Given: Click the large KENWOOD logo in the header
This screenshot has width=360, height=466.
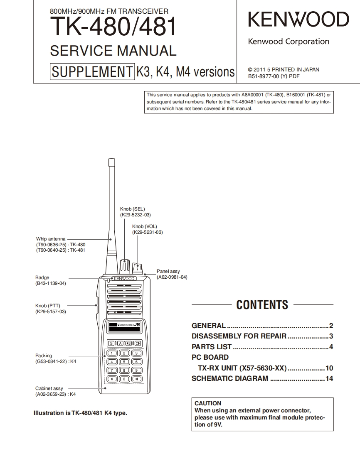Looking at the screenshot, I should coord(298,20).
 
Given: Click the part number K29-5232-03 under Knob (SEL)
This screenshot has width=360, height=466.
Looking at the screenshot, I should coord(136,215).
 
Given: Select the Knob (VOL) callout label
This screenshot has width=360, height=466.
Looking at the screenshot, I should coord(144,226).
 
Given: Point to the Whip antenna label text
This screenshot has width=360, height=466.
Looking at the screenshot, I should coord(51,239).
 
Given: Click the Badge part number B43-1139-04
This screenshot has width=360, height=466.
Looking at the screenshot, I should coord(51,283).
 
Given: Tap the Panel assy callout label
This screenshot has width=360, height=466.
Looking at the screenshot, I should coord(168,271).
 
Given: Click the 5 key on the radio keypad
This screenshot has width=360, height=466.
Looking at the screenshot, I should coord(124,362).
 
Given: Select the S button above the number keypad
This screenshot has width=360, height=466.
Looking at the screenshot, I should coord(111,343).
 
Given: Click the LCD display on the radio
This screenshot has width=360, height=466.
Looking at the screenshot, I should coord(124,327).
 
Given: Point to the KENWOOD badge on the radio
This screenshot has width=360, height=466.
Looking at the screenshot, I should coord(124,279).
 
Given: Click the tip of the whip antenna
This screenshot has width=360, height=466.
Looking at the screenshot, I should coord(111,161).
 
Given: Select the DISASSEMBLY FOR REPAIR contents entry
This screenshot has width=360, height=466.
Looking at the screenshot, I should coord(239,336).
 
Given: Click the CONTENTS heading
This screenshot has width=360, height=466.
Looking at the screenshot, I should coord(262,305).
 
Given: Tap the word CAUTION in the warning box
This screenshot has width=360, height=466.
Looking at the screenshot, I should coord(208,403).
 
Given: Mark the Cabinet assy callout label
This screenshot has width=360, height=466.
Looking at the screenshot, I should coord(49,388).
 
